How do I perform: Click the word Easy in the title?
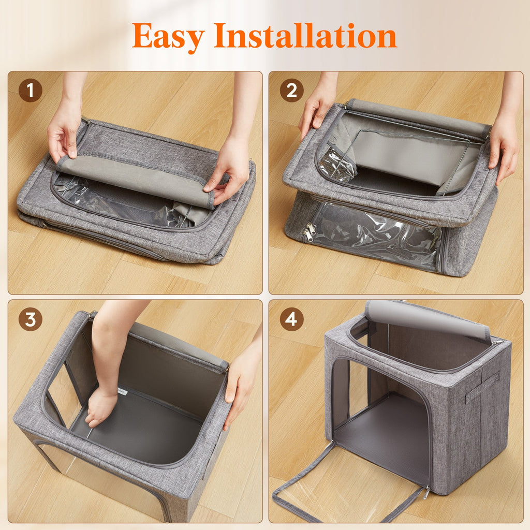pos(169,36)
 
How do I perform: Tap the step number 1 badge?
pos(31,91)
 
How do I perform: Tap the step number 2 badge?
pos(291,91)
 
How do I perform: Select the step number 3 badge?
pos(31,319)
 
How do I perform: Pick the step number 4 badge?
pos(291,319)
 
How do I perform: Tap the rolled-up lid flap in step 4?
pos(427,319)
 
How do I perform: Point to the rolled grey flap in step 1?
pos(135,179)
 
